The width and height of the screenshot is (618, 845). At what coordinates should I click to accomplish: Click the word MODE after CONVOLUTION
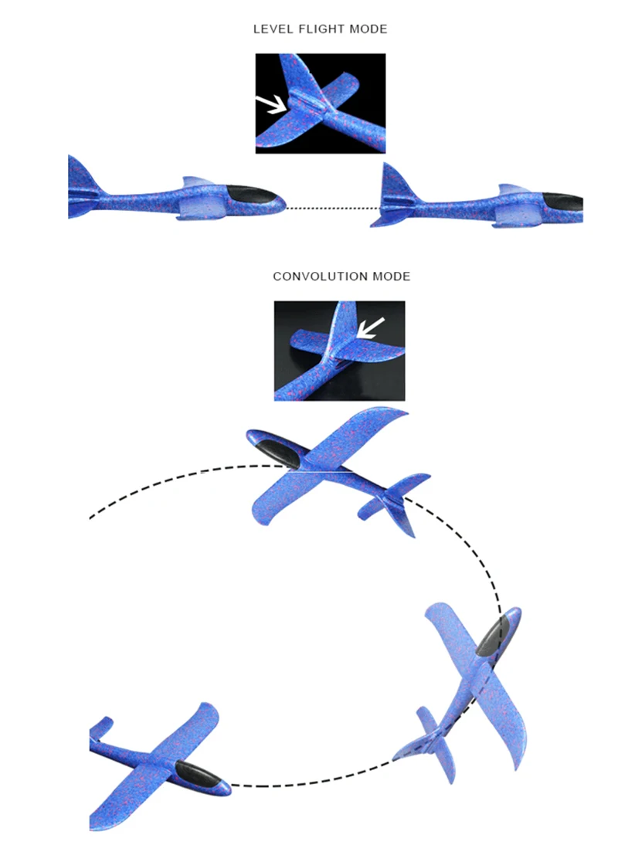392,277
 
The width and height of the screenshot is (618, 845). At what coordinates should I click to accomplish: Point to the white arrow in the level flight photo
270,103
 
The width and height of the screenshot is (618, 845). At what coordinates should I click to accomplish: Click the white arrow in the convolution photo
371,327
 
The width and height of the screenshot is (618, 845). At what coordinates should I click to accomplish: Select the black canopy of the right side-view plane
562,202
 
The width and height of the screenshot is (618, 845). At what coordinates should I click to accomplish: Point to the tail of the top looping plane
398,498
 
